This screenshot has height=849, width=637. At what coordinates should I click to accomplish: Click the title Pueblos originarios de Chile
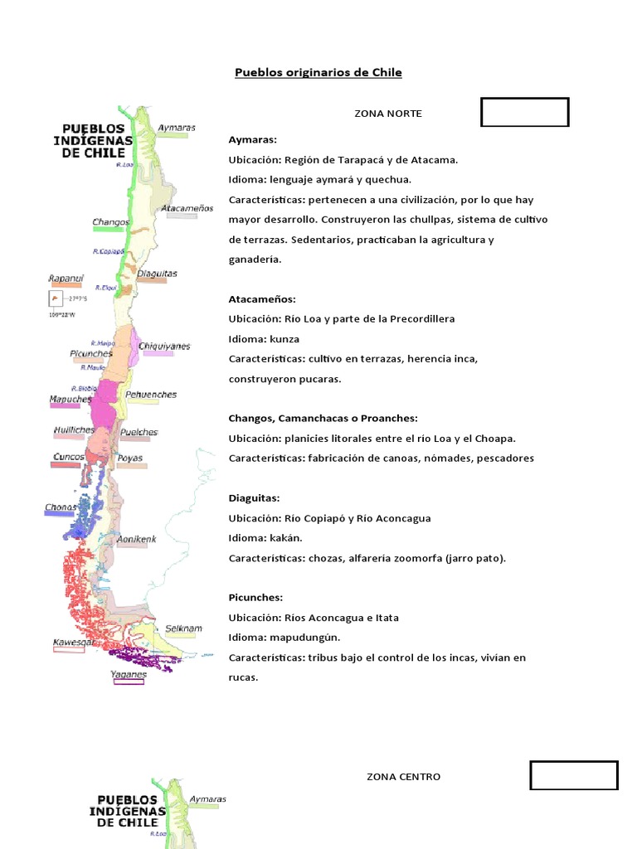click(318, 73)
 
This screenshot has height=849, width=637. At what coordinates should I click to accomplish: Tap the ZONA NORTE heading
click(387, 114)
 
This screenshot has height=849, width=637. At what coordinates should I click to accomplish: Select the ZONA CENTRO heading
click(403, 777)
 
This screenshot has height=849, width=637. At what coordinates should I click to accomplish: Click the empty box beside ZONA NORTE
click(525, 112)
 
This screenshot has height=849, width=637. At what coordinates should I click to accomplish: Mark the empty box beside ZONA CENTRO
click(574, 775)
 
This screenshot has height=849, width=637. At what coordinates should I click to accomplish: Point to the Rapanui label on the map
click(66, 278)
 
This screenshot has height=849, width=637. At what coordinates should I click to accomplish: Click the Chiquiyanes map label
click(164, 346)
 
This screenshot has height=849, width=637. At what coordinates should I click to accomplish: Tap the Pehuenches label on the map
click(151, 395)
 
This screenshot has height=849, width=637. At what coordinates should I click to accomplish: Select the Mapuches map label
click(71, 399)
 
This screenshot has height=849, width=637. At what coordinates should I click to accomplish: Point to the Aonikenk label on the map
click(136, 540)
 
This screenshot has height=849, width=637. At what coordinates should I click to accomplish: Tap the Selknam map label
click(183, 628)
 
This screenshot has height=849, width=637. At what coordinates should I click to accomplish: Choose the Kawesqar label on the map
click(73, 643)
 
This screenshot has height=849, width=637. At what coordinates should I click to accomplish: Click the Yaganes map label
click(129, 674)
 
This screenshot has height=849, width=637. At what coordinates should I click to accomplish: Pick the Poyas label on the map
click(130, 458)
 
